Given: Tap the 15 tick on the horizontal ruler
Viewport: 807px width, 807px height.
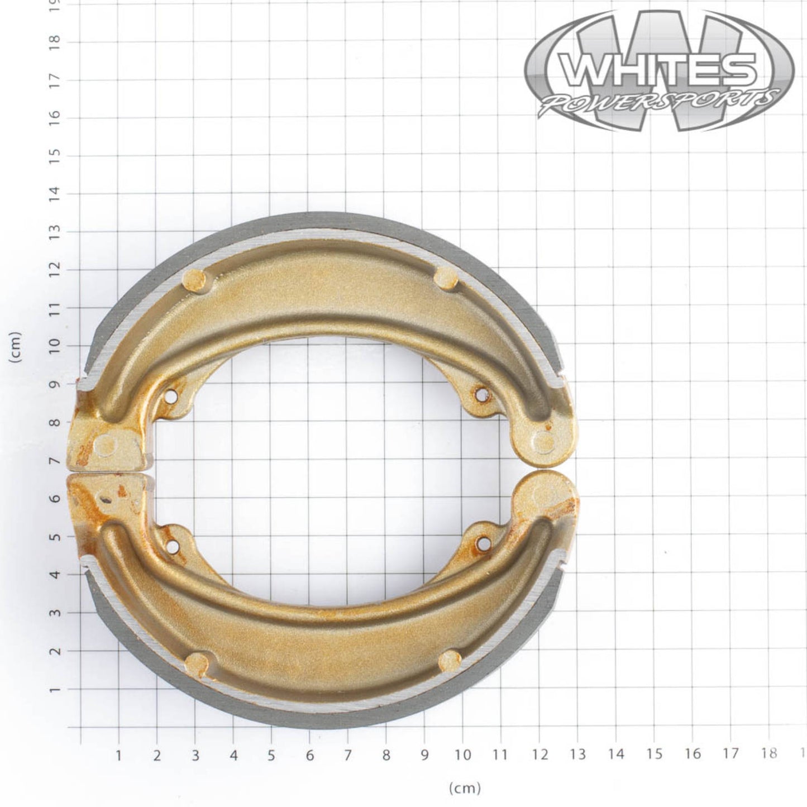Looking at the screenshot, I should (654, 755).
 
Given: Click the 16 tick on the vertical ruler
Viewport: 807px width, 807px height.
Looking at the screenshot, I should (55, 118).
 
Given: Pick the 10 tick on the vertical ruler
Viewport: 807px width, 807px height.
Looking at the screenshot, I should (55, 346).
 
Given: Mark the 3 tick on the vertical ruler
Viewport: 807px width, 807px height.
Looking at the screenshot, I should (55, 613).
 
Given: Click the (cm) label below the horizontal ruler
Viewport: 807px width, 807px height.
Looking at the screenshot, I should (464, 788).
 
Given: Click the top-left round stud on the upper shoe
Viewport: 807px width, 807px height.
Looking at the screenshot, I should (194, 279).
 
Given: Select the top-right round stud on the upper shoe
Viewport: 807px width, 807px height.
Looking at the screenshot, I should (446, 277).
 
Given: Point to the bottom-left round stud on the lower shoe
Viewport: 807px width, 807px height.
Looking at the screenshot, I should (196, 663).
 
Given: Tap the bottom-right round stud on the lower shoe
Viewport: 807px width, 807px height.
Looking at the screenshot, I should (449, 661).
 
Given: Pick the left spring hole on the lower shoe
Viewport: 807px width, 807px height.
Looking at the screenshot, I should (172, 545).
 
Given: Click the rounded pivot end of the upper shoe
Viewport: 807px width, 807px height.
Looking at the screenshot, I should (543, 441).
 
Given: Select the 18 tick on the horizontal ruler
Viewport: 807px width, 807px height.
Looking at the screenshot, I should (769, 755).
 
